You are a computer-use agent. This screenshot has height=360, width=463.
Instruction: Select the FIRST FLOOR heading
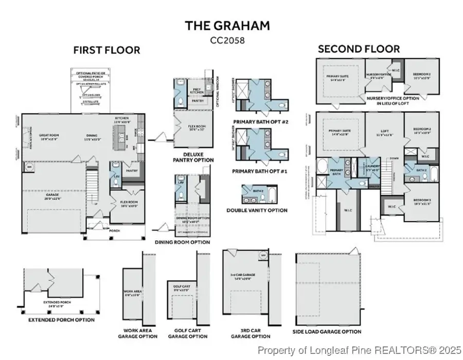pyautogui.click(x=106, y=50)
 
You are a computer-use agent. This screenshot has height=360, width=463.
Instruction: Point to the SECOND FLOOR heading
pyautogui.click(x=358, y=49)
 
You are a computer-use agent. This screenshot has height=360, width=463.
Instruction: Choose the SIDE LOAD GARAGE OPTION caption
pyautogui.click(x=327, y=332)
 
